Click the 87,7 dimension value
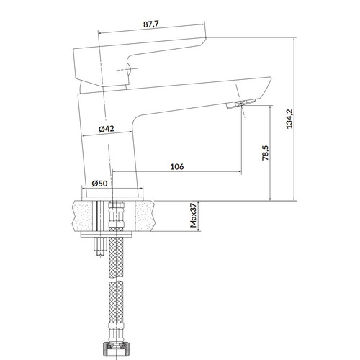click(151, 24)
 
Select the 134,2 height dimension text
click(289, 119)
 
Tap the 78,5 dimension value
click(266, 153)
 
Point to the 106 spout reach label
click(177, 166)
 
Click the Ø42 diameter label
click(107, 129)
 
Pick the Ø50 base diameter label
click(99, 184)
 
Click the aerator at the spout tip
click(240, 104)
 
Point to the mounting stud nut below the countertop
click(100, 247)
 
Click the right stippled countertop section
click(145, 216)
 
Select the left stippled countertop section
click(82, 216)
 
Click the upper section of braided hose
click(117, 253)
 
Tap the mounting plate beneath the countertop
click(107, 235)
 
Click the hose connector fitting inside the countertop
click(117, 215)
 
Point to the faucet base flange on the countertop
click(112, 199)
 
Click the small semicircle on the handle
click(129, 70)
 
